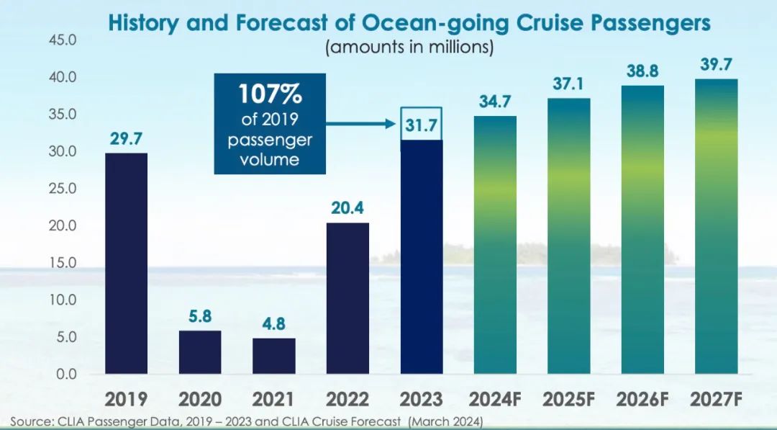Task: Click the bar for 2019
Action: (x=127, y=264)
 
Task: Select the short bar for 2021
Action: (x=274, y=356)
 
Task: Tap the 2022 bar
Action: (x=348, y=298)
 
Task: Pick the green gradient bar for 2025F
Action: (x=569, y=236)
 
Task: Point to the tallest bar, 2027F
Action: (x=717, y=226)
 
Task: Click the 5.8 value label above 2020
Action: (x=200, y=316)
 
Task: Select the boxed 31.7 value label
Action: (x=421, y=125)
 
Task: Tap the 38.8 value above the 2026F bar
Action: (x=642, y=71)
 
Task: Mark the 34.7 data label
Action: (x=495, y=102)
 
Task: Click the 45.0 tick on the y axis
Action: (x=63, y=40)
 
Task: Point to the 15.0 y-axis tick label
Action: (x=63, y=262)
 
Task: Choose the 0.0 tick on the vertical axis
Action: (x=66, y=374)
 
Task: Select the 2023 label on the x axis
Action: (x=421, y=399)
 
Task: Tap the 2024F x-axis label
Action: (x=495, y=399)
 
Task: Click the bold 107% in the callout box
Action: (x=270, y=94)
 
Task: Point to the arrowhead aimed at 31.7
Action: (x=391, y=124)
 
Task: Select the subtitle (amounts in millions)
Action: (x=409, y=48)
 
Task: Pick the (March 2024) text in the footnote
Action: (x=445, y=422)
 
